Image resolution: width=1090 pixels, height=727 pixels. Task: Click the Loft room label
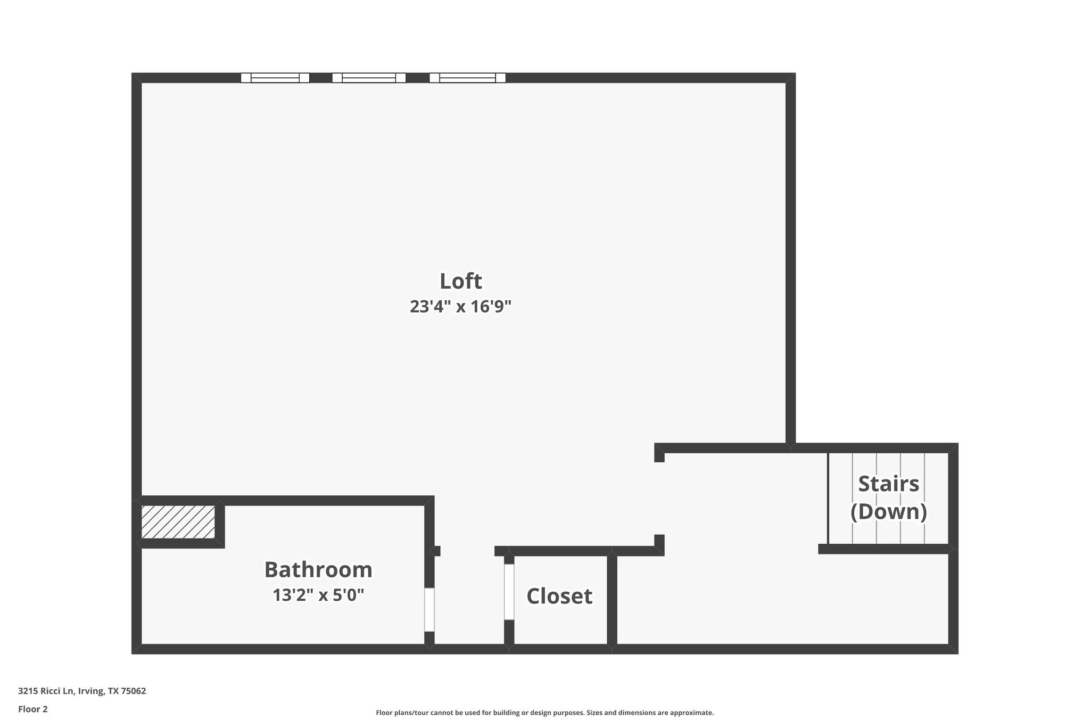click(460, 281)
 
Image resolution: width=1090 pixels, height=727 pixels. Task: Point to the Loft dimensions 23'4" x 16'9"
click(460, 307)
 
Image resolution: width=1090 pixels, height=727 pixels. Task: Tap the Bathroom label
click(318, 570)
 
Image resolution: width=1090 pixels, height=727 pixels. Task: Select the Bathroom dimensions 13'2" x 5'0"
click(318, 595)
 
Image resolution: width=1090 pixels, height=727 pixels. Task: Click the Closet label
click(559, 597)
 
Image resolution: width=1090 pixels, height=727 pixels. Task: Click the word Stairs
click(888, 484)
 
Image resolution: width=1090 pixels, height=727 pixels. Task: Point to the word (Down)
click(888, 512)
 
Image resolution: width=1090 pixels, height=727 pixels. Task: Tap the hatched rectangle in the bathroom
click(178, 522)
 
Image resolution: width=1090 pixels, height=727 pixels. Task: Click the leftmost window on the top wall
click(275, 78)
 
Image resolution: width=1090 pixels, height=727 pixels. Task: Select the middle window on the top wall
click(369, 78)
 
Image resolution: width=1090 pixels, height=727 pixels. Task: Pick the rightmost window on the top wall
click(467, 78)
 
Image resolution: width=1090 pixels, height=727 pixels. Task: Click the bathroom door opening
click(429, 609)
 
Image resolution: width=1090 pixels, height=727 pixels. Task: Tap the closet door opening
click(509, 592)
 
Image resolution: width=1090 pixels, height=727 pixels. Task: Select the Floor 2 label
click(33, 709)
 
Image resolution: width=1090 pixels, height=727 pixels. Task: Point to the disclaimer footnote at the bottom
click(544, 713)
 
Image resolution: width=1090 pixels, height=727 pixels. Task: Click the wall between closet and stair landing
click(612, 599)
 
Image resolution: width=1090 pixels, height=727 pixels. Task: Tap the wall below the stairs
click(883, 549)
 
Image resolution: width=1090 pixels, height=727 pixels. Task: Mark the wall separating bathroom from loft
click(325, 501)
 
